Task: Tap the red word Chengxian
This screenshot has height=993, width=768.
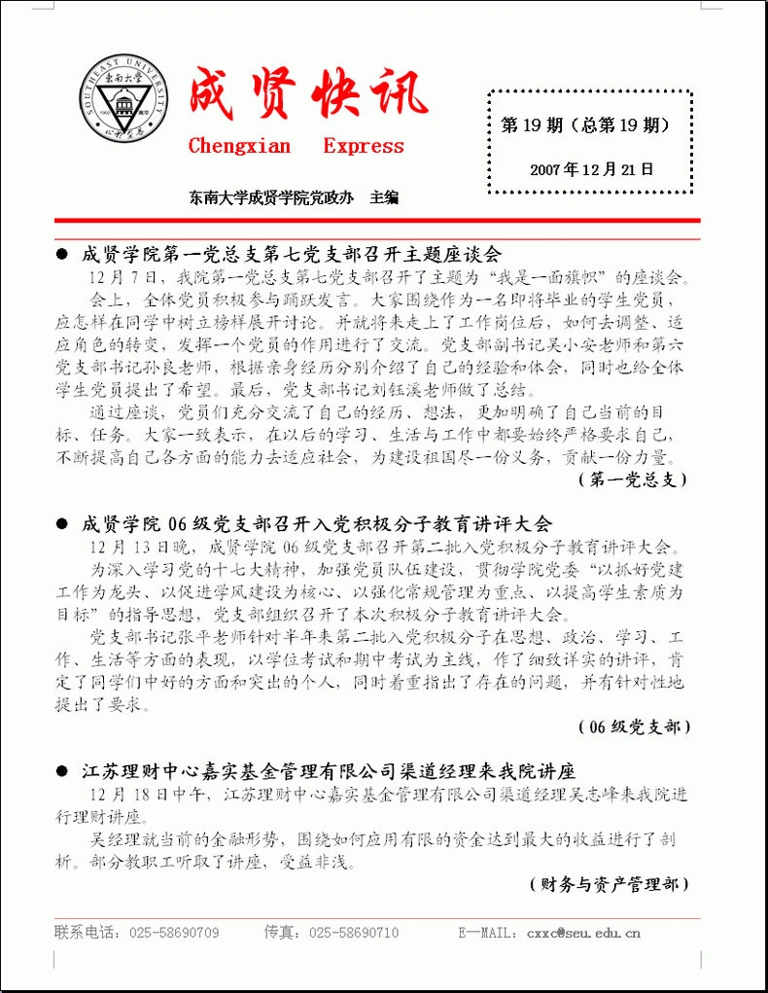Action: pos(239,147)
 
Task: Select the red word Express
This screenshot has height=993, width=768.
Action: pos(364,147)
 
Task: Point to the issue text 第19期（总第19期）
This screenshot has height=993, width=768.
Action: pos(584,125)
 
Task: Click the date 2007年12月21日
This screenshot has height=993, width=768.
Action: pos(591,169)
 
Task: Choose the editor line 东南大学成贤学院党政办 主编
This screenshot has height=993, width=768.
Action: pos(295,198)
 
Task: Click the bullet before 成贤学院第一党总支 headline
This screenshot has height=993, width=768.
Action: pos(62,255)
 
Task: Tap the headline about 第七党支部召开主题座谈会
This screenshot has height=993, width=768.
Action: pos(292,255)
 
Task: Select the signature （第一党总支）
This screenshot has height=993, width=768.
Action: pos(633,479)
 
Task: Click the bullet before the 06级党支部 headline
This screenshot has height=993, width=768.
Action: pos(62,523)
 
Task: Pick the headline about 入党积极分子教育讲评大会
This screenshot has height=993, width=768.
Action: pos(316,523)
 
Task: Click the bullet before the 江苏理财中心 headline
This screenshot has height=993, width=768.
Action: pos(62,772)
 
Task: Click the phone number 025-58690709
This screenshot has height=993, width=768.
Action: pos(170,933)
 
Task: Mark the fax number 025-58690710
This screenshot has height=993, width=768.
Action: pos(354,933)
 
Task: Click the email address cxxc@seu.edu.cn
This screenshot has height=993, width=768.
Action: pos(583,933)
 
